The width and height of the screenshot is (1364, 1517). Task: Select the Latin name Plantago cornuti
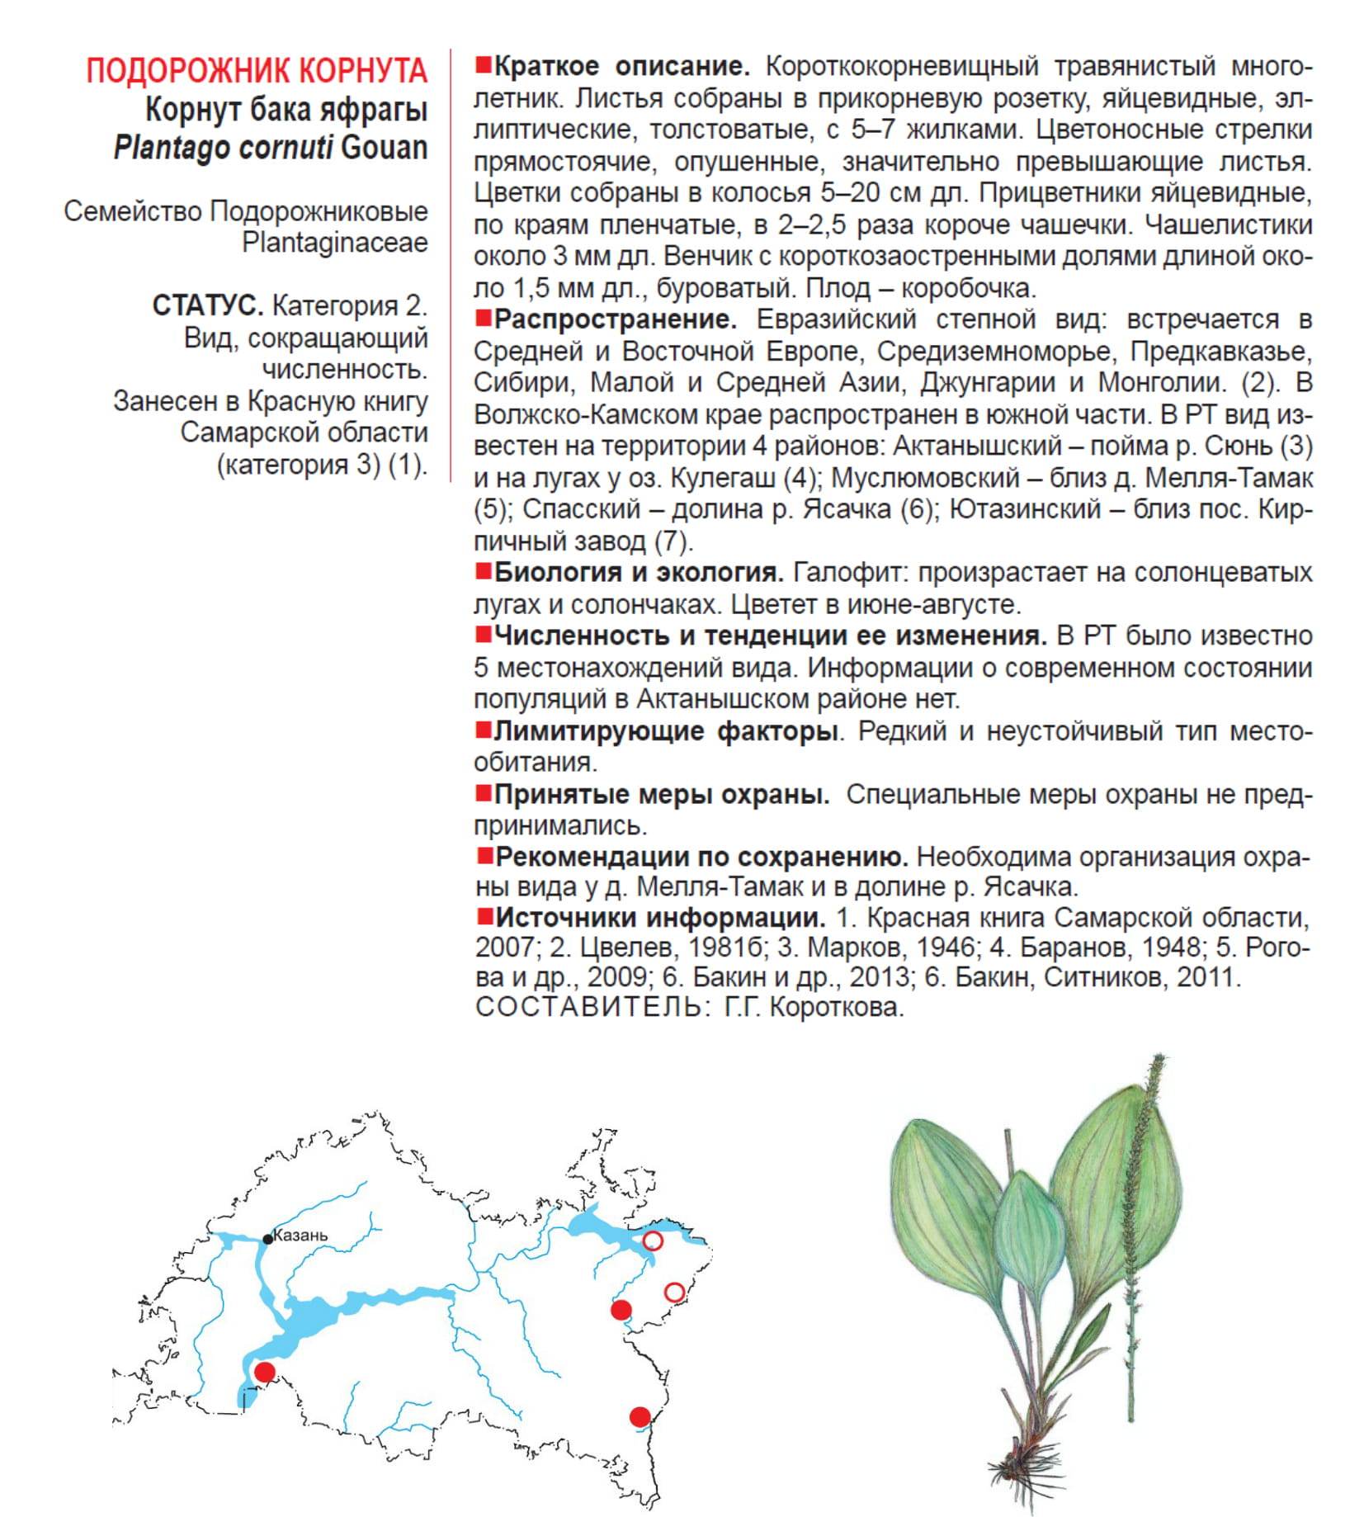click(x=223, y=148)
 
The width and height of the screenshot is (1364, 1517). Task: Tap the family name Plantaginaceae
click(x=334, y=243)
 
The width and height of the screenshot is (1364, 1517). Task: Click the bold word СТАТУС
click(x=207, y=305)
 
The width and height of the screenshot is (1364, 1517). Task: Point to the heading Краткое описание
click(x=621, y=66)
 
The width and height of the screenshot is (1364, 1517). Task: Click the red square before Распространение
click(x=483, y=318)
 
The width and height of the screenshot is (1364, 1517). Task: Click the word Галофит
click(x=851, y=572)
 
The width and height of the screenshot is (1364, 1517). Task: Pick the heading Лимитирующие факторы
click(x=665, y=731)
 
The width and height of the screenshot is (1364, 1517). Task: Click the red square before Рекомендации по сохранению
click(x=483, y=856)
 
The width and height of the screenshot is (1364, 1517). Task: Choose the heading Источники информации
click(x=660, y=917)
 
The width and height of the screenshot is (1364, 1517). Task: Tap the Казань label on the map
click(x=300, y=1236)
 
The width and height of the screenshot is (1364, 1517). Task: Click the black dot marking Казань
click(x=268, y=1239)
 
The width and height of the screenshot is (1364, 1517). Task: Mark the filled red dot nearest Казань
click(x=264, y=1372)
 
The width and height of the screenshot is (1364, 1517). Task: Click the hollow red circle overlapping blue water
click(x=652, y=1241)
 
